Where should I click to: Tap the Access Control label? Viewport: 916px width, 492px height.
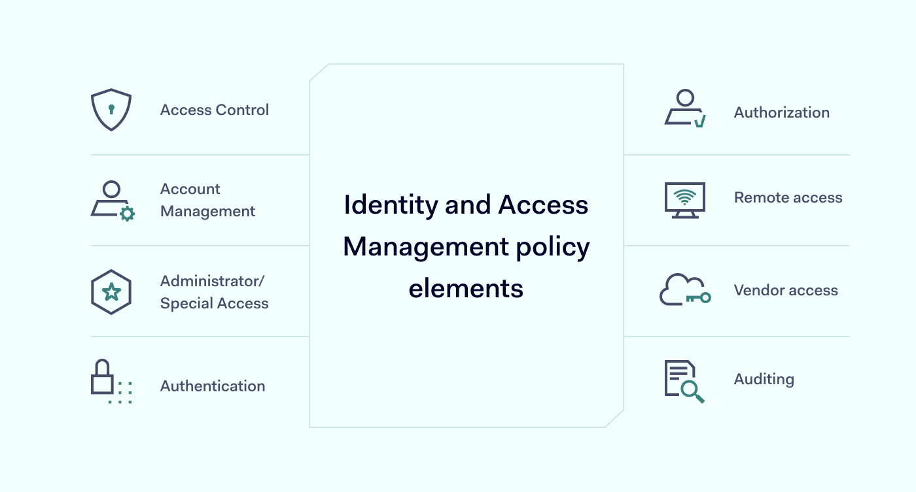215,110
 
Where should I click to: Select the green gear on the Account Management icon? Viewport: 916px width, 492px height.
128,214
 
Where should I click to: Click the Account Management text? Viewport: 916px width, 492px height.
207,200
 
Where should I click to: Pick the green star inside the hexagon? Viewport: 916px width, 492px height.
111,292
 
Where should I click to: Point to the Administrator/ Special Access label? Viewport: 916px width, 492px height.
215,292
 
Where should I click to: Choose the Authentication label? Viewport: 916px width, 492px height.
213,386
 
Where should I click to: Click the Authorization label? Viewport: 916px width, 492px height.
781,112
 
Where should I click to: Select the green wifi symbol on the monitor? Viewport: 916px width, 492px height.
684,197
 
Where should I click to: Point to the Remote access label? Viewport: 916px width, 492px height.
788,197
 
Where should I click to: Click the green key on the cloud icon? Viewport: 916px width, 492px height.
699,298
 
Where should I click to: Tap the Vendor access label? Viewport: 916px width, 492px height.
786,290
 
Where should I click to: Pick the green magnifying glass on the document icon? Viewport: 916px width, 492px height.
693,391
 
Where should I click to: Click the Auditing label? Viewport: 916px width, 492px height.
764,380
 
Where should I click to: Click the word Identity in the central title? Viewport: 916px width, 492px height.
391,205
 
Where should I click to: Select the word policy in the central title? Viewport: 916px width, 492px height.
552,248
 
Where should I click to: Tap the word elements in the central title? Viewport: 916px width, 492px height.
466,289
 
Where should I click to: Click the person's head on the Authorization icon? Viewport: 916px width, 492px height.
686,98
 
